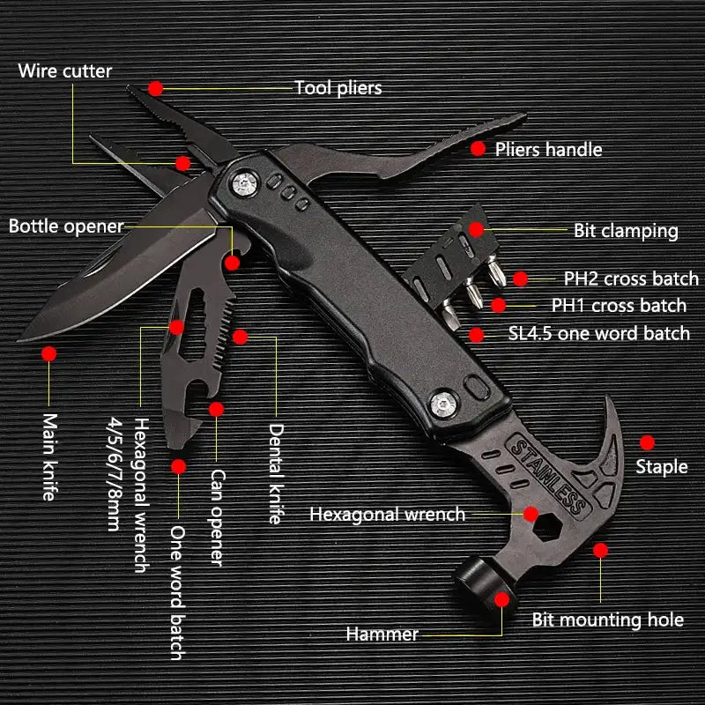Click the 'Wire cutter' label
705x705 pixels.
tap(65, 70)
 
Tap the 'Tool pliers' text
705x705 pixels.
tap(338, 87)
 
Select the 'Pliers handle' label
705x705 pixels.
tap(548, 149)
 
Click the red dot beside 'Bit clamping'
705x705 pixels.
tap(477, 229)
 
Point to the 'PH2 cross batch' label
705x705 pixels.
tap(631, 278)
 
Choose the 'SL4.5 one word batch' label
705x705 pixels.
tap(599, 333)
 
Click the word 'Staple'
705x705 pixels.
tap(661, 466)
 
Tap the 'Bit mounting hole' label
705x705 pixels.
tap(607, 620)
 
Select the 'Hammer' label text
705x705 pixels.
tap(382, 634)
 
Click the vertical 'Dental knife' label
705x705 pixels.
tap(276, 474)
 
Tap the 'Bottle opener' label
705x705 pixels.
tap(66, 226)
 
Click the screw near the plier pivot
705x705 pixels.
tap(244, 183)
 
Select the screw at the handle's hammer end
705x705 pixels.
tap(443, 403)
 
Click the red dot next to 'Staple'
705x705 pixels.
tap(648, 442)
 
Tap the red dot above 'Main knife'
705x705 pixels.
tap(48, 353)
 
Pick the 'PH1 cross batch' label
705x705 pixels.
tap(619, 306)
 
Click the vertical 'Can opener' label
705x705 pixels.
tap(217, 517)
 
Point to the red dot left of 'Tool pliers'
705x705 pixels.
tap(156, 87)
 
